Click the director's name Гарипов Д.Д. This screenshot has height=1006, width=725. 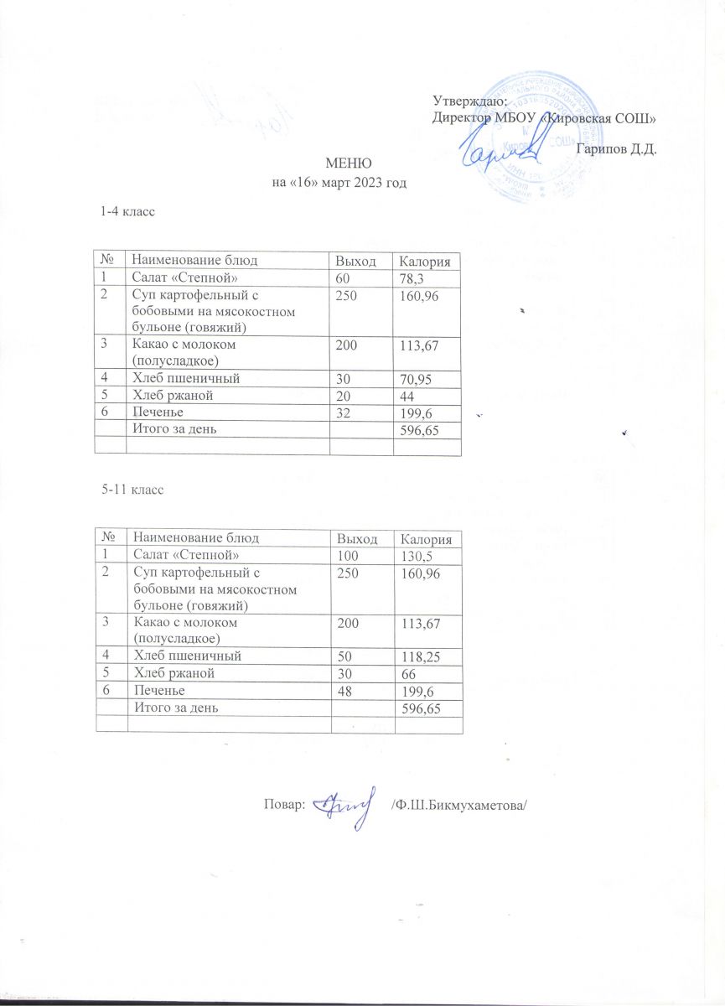click(617, 149)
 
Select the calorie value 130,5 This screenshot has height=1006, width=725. click(417, 556)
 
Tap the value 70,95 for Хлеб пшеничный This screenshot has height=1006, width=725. click(417, 379)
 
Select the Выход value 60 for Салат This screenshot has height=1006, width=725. click(342, 277)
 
